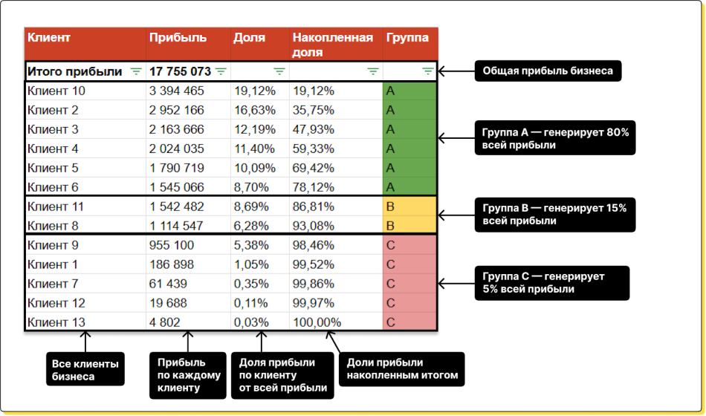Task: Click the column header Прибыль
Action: click(178, 38)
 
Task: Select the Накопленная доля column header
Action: click(332, 45)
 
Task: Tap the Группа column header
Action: click(407, 38)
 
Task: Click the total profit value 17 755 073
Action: click(180, 71)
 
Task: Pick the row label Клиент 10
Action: click(56, 91)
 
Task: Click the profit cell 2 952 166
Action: click(176, 111)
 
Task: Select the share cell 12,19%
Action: click(255, 130)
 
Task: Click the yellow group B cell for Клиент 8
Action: click(409, 226)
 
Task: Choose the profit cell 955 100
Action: click(172, 245)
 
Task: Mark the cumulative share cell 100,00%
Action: click(317, 322)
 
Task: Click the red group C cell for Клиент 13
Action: click(409, 322)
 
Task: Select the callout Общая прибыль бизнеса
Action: click(548, 71)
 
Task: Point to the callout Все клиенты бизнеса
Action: click(85, 370)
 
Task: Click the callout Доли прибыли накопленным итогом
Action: click(402, 369)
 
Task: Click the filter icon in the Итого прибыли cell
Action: click(136, 71)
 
